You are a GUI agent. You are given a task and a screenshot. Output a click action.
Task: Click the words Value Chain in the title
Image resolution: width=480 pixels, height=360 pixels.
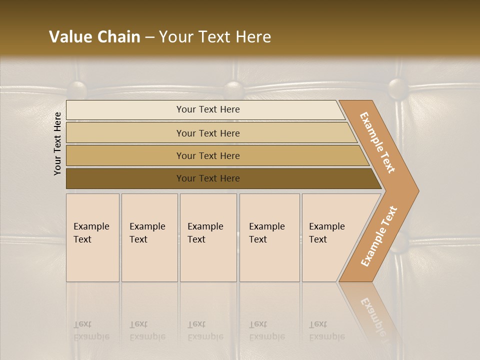(94, 37)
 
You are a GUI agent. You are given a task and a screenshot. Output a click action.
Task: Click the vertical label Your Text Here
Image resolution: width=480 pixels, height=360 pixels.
(57, 143)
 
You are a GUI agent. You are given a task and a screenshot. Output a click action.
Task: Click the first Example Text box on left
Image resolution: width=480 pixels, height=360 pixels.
(92, 237)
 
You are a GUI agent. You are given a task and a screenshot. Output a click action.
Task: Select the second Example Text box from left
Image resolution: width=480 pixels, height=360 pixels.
(149, 237)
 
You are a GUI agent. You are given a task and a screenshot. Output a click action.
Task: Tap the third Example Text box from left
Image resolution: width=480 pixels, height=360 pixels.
(208, 237)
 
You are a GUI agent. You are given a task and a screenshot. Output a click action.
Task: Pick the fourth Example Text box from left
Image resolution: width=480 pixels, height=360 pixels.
(269, 237)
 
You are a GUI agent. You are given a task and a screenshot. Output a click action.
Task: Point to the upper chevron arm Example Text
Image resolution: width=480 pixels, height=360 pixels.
(377, 142)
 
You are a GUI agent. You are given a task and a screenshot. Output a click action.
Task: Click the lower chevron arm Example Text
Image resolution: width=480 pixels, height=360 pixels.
(379, 236)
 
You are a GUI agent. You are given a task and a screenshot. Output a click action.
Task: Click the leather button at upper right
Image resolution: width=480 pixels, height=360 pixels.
(398, 88)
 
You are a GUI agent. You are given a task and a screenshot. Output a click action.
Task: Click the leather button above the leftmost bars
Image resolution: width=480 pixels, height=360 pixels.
(77, 89)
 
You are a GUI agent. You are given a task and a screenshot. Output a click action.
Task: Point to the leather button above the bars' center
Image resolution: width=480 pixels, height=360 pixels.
(233, 89)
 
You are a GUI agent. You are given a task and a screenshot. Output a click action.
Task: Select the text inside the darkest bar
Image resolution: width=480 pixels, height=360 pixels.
(208, 178)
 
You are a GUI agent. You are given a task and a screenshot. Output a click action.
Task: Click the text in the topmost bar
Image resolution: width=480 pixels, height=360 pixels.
(208, 109)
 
